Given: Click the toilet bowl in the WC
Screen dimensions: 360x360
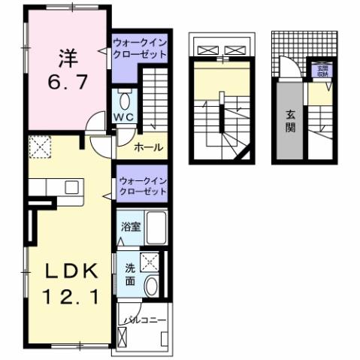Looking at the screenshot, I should click(x=126, y=99).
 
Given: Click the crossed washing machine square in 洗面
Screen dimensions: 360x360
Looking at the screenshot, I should click(x=150, y=262).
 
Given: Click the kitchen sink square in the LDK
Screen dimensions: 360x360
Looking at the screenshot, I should click(x=72, y=189).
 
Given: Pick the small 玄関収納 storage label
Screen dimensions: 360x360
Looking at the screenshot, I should click(x=322, y=72).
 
